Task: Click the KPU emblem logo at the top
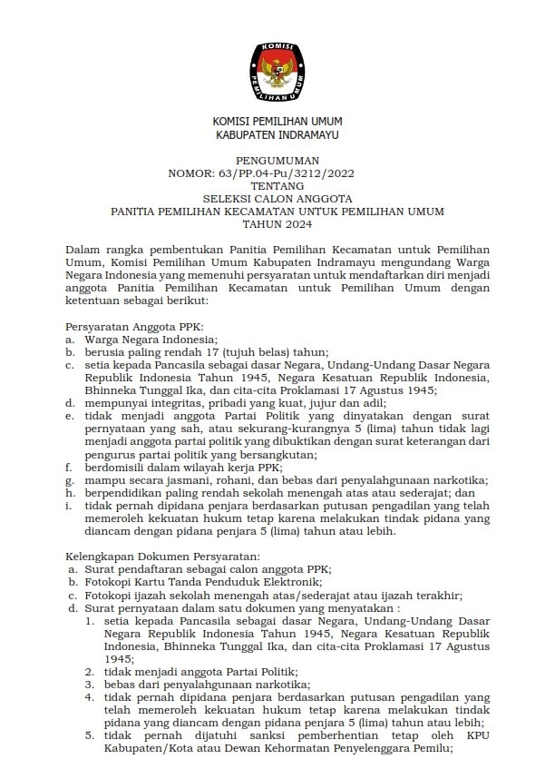pyautogui.click(x=277, y=69)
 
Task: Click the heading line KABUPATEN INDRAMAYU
pyautogui.click(x=277, y=134)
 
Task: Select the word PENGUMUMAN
pyautogui.click(x=277, y=160)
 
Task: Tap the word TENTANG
pyautogui.click(x=277, y=185)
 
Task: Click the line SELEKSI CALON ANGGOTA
pyautogui.click(x=277, y=199)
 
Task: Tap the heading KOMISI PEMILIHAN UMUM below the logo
pyautogui.click(x=277, y=122)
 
